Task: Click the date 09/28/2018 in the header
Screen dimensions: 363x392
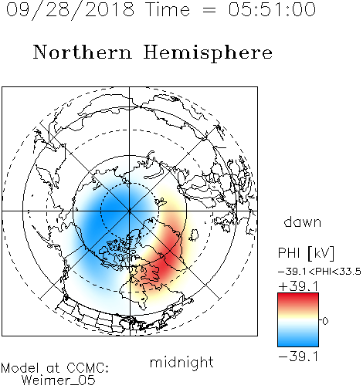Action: [70, 10]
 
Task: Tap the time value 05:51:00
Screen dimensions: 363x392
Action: [272, 9]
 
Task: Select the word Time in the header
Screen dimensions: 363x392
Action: [168, 9]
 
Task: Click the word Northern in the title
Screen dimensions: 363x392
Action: [83, 52]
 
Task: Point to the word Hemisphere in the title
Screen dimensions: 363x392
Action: [208, 53]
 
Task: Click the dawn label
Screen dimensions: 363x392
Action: [303, 222]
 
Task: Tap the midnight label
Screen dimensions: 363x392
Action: [181, 363]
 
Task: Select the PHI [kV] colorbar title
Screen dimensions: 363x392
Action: [306, 253]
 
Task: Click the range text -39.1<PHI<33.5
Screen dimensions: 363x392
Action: [320, 272]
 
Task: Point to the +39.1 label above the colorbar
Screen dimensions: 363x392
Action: [298, 286]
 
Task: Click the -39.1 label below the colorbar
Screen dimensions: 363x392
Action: [298, 357]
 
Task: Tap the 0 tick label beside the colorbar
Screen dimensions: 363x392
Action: [325, 321]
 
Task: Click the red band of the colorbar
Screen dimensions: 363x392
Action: [298, 299]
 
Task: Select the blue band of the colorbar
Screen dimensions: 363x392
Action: [298, 340]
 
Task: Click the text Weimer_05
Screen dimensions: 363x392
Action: [59, 380]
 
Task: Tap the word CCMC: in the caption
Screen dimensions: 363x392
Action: [88, 368]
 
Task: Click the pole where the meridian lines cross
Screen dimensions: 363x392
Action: [129, 211]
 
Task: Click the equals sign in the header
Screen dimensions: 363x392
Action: [209, 10]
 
